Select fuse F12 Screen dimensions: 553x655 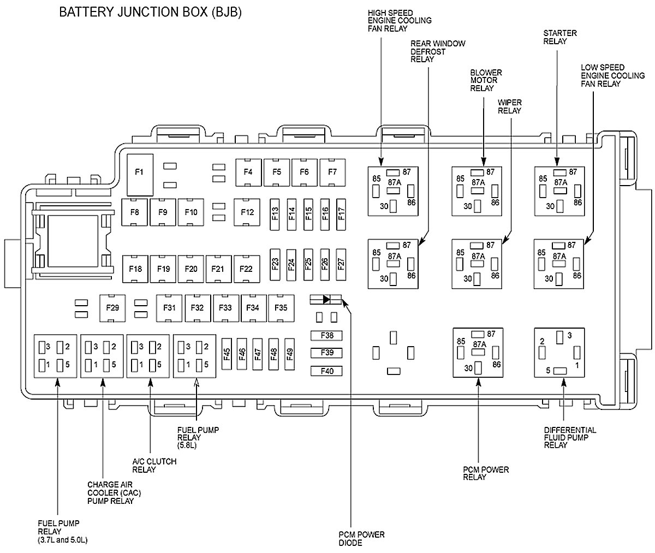pyautogui.click(x=247, y=212)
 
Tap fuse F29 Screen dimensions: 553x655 pyautogui.click(x=112, y=308)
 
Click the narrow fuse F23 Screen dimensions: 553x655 pyautogui.click(x=275, y=264)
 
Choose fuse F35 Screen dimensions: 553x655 pyautogui.click(x=281, y=308)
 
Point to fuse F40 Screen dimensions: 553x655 pyautogui.click(x=327, y=371)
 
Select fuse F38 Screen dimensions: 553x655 pyautogui.click(x=327, y=335)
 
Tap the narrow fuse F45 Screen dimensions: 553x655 pyautogui.click(x=227, y=355)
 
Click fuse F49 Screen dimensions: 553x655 pyautogui.click(x=289, y=355)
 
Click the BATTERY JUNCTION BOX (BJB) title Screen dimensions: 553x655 pyautogui.click(x=150, y=11)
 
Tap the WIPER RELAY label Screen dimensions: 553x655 pyautogui.click(x=509, y=106)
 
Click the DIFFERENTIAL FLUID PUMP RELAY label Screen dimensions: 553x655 pyautogui.click(x=562, y=437)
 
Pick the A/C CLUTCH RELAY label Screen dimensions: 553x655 pyautogui.click(x=154, y=465)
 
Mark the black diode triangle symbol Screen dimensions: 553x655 pyautogui.click(x=326, y=299)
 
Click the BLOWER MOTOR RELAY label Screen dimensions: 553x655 pyautogui.click(x=486, y=80)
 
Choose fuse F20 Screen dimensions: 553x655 pyautogui.click(x=191, y=268)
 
